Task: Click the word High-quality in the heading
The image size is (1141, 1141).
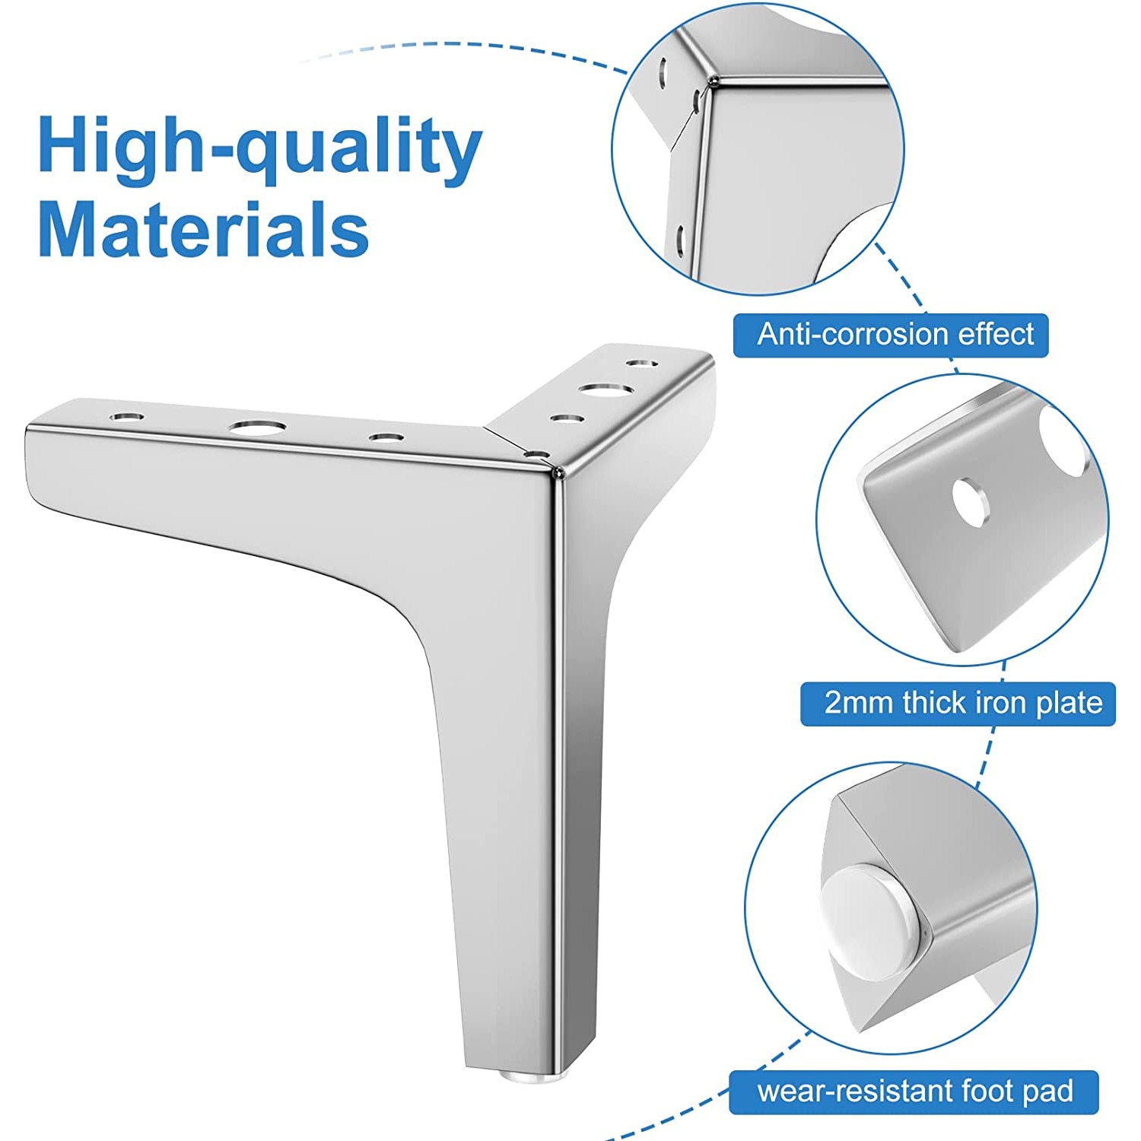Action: [x=259, y=147]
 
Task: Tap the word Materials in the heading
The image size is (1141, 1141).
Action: [x=203, y=229]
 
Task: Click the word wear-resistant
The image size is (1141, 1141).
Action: [x=854, y=1092]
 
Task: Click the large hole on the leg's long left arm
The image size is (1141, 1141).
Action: [x=259, y=427]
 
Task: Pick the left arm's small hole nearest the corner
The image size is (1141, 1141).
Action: [x=386, y=437]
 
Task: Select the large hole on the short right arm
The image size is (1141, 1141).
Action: [x=606, y=390]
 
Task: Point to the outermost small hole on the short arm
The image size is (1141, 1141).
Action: [x=643, y=364]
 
